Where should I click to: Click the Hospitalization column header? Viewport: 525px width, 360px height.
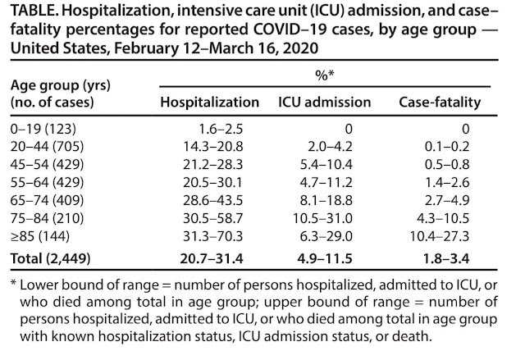(x=210, y=103)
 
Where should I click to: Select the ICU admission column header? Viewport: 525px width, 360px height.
(x=325, y=103)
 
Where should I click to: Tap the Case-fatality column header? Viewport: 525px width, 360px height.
(x=440, y=103)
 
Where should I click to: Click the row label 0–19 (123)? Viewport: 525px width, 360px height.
(x=43, y=129)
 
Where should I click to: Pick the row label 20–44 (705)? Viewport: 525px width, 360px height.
(x=47, y=147)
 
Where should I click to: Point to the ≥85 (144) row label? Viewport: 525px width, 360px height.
(x=40, y=236)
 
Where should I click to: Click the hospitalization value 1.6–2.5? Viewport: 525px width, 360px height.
(x=221, y=129)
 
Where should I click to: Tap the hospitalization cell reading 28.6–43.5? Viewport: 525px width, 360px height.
(x=212, y=200)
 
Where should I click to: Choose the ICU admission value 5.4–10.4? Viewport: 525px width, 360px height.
(x=326, y=165)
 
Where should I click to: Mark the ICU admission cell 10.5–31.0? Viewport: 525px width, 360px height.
(x=322, y=218)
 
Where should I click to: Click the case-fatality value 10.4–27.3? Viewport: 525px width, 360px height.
(x=440, y=236)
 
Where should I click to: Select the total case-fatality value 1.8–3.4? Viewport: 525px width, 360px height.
(x=446, y=258)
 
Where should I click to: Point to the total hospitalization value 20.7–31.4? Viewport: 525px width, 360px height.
(x=212, y=258)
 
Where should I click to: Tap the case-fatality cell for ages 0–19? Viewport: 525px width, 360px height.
(x=465, y=129)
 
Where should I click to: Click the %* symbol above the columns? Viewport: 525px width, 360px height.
(x=325, y=75)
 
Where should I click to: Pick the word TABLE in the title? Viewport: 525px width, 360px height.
(x=33, y=11)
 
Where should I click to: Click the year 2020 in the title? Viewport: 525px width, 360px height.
(x=300, y=48)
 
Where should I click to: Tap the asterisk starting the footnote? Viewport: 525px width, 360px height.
(x=13, y=283)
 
